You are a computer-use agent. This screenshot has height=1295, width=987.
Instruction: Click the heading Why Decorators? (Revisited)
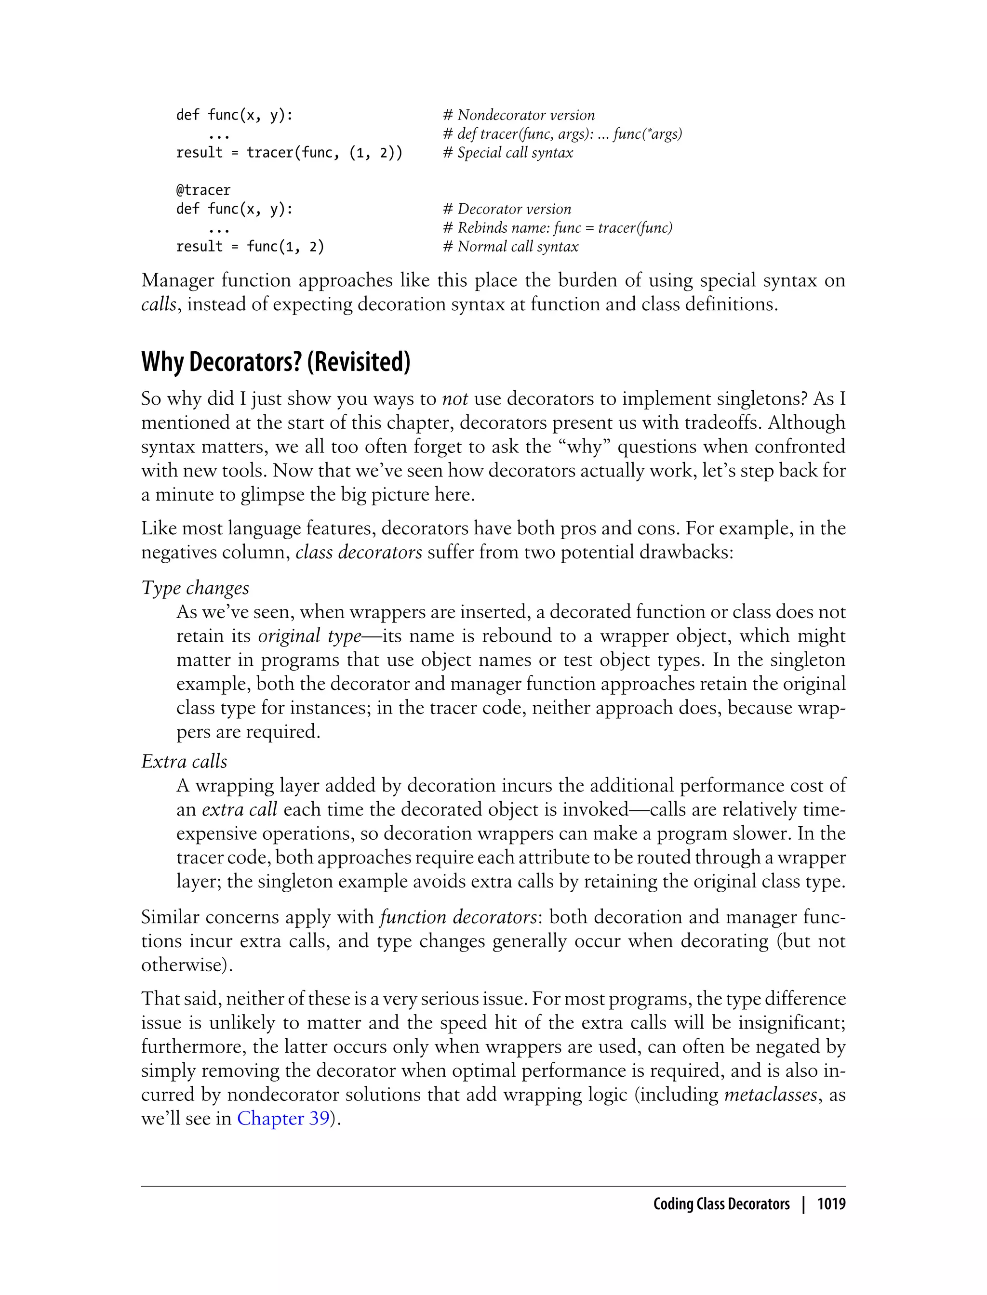(x=276, y=362)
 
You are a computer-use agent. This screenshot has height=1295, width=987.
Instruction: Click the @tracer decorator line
(x=203, y=190)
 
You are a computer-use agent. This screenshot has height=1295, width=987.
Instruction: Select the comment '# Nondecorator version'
(x=519, y=115)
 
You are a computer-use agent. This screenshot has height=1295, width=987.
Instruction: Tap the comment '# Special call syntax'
(x=508, y=153)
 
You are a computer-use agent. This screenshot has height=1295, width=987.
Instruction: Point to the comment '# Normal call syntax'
(x=510, y=247)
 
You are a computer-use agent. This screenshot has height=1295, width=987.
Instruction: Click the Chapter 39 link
(x=283, y=1118)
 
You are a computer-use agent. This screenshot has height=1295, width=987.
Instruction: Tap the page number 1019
(x=831, y=1204)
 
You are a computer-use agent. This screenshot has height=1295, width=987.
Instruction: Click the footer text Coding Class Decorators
(x=721, y=1204)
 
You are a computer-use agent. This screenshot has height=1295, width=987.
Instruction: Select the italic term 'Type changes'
(x=195, y=588)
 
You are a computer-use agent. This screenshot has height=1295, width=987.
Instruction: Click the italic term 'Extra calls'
(x=184, y=761)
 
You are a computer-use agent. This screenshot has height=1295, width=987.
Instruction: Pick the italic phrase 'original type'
(x=309, y=636)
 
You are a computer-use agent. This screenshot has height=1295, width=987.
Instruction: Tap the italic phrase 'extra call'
(x=239, y=809)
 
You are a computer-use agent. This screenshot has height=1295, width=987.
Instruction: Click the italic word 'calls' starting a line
(x=158, y=304)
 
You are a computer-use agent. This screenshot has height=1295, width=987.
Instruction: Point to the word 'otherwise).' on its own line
(x=187, y=965)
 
